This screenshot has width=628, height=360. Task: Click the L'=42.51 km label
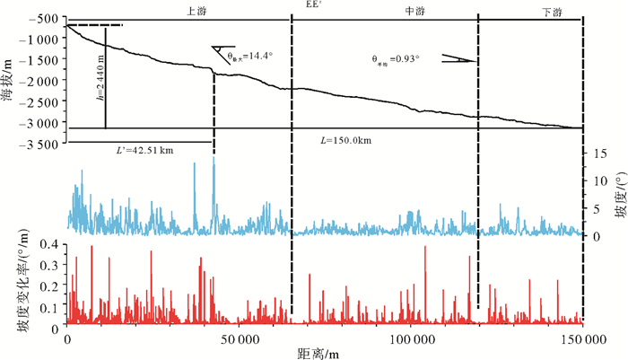pos(133,149)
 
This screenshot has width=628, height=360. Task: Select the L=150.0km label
pos(345,142)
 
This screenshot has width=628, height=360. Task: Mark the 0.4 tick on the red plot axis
pos(51,243)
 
